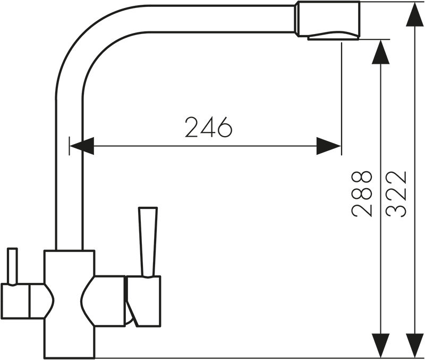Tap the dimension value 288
click(361, 193)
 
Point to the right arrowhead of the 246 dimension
click(328, 145)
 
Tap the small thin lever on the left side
click(12, 266)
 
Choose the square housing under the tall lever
click(143, 300)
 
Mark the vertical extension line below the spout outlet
click(341, 96)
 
